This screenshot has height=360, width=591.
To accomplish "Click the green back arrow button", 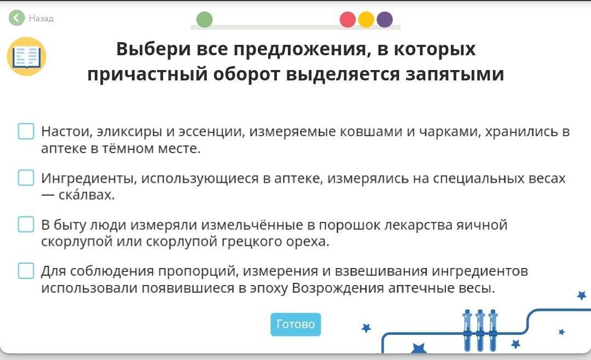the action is pos(16,18).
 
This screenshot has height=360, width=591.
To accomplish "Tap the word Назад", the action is pos(41,18).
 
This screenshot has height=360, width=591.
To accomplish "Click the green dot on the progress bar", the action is pos(205,20).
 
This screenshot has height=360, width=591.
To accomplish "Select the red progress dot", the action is pos(347,20).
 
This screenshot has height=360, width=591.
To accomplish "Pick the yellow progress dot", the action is pos(366,20).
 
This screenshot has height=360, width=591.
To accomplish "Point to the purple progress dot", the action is pos(385,20).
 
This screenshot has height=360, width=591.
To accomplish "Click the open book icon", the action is pos(26,56).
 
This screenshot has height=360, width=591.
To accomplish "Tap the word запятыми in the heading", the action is pos(455,74).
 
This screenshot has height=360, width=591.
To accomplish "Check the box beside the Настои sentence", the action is pos(26,131).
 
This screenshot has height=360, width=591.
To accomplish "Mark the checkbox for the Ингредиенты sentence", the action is pos(26,178).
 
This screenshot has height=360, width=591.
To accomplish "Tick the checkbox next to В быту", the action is pos(26,224).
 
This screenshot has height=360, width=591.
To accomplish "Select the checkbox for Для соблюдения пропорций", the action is pos(26,271).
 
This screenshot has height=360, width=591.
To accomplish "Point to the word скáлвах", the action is pos(86,195).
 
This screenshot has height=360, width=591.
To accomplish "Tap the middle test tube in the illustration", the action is pos(480,330).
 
